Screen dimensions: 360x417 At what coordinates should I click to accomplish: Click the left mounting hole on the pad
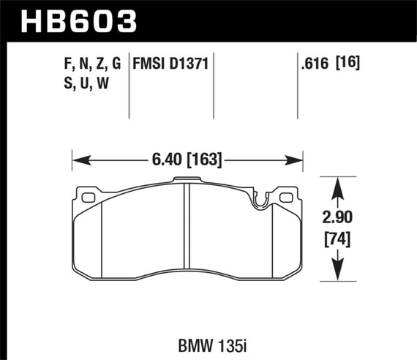pyautogui.click(x=90, y=197)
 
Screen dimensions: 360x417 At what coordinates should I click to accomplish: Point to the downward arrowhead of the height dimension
pyautogui.click(x=338, y=273)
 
